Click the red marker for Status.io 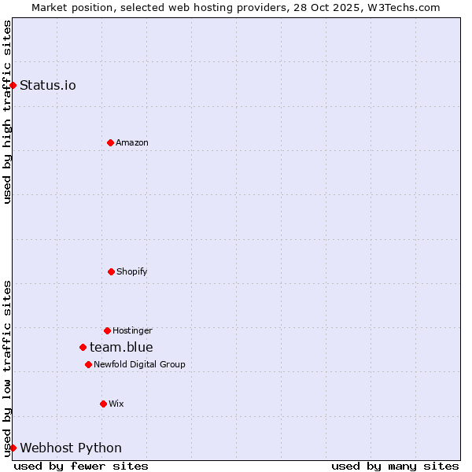(13, 85)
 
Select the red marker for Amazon (110, 142)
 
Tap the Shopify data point (111, 271)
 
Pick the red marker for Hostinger (107, 330)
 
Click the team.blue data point (83, 347)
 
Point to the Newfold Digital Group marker (88, 364)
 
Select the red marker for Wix (103, 404)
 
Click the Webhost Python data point (13, 448)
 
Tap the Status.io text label (48, 85)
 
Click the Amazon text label (132, 142)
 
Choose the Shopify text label (132, 271)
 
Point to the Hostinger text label (132, 330)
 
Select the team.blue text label (121, 347)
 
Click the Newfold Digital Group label (139, 364)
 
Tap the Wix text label (116, 404)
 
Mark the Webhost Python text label (71, 448)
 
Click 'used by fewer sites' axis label (81, 466)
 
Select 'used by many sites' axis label (395, 466)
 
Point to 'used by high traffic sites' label (7, 112)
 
